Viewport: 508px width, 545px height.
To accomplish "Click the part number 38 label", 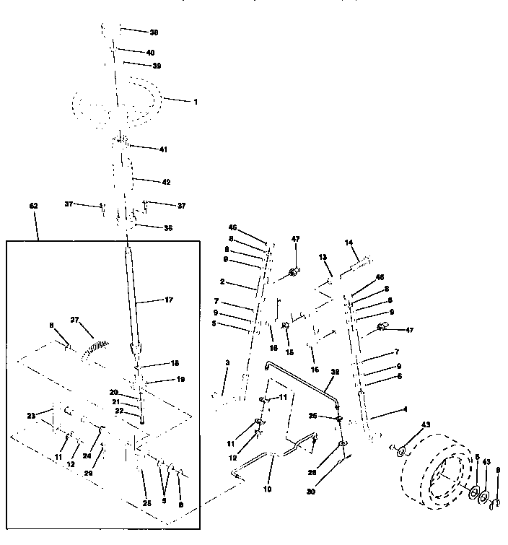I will coord(154,33).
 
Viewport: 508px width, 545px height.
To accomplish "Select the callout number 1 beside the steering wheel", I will coord(195,102).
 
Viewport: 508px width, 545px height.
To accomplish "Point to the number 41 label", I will coord(163,149).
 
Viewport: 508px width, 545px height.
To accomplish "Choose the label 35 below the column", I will coord(167,227).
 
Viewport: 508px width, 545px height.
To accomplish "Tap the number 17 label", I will coord(170,300).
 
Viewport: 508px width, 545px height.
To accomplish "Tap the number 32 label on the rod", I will coord(334,373).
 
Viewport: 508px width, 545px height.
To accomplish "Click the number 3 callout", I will coord(227,362).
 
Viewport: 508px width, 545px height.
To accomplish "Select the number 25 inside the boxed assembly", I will coord(146,502).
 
